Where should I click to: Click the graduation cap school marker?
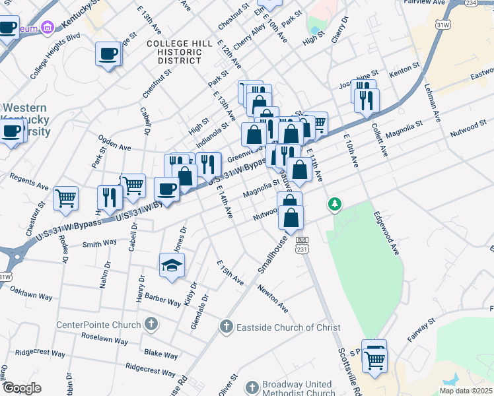(x=172, y=265)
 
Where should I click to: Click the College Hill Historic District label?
(x=180, y=51)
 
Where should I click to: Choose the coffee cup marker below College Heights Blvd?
(x=108, y=53)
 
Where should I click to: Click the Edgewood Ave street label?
(x=387, y=233)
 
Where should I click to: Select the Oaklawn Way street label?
(x=31, y=277)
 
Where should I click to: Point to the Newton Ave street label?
(x=273, y=299)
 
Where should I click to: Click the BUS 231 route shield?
(x=302, y=244)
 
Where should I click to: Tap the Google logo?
(x=22, y=388)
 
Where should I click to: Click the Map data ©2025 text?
(x=466, y=391)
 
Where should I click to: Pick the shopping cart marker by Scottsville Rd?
(x=374, y=360)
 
